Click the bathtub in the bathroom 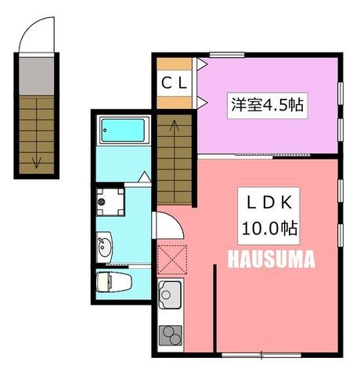pyautogui.click(x=123, y=130)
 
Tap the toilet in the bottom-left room pyautogui.click(x=113, y=282)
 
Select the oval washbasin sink pyautogui.click(x=105, y=248)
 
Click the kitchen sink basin pyautogui.click(x=170, y=295)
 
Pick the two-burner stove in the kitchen pyautogui.click(x=171, y=335)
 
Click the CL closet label pyautogui.click(x=175, y=83)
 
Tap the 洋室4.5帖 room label pyautogui.click(x=267, y=105)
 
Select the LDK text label pyautogui.click(x=269, y=203)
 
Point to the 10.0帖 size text pyautogui.click(x=269, y=228)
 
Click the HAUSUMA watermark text pyautogui.click(x=272, y=258)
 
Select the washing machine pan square pyautogui.click(x=110, y=201)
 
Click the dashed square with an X pyautogui.click(x=172, y=259)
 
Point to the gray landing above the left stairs pyautogui.click(x=37, y=76)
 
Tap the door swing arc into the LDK pyautogui.click(x=177, y=222)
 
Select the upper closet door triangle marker pyautogui.click(x=202, y=63)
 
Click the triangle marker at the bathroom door pyautogui.click(x=144, y=177)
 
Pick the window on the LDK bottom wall pyautogui.click(x=261, y=355)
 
